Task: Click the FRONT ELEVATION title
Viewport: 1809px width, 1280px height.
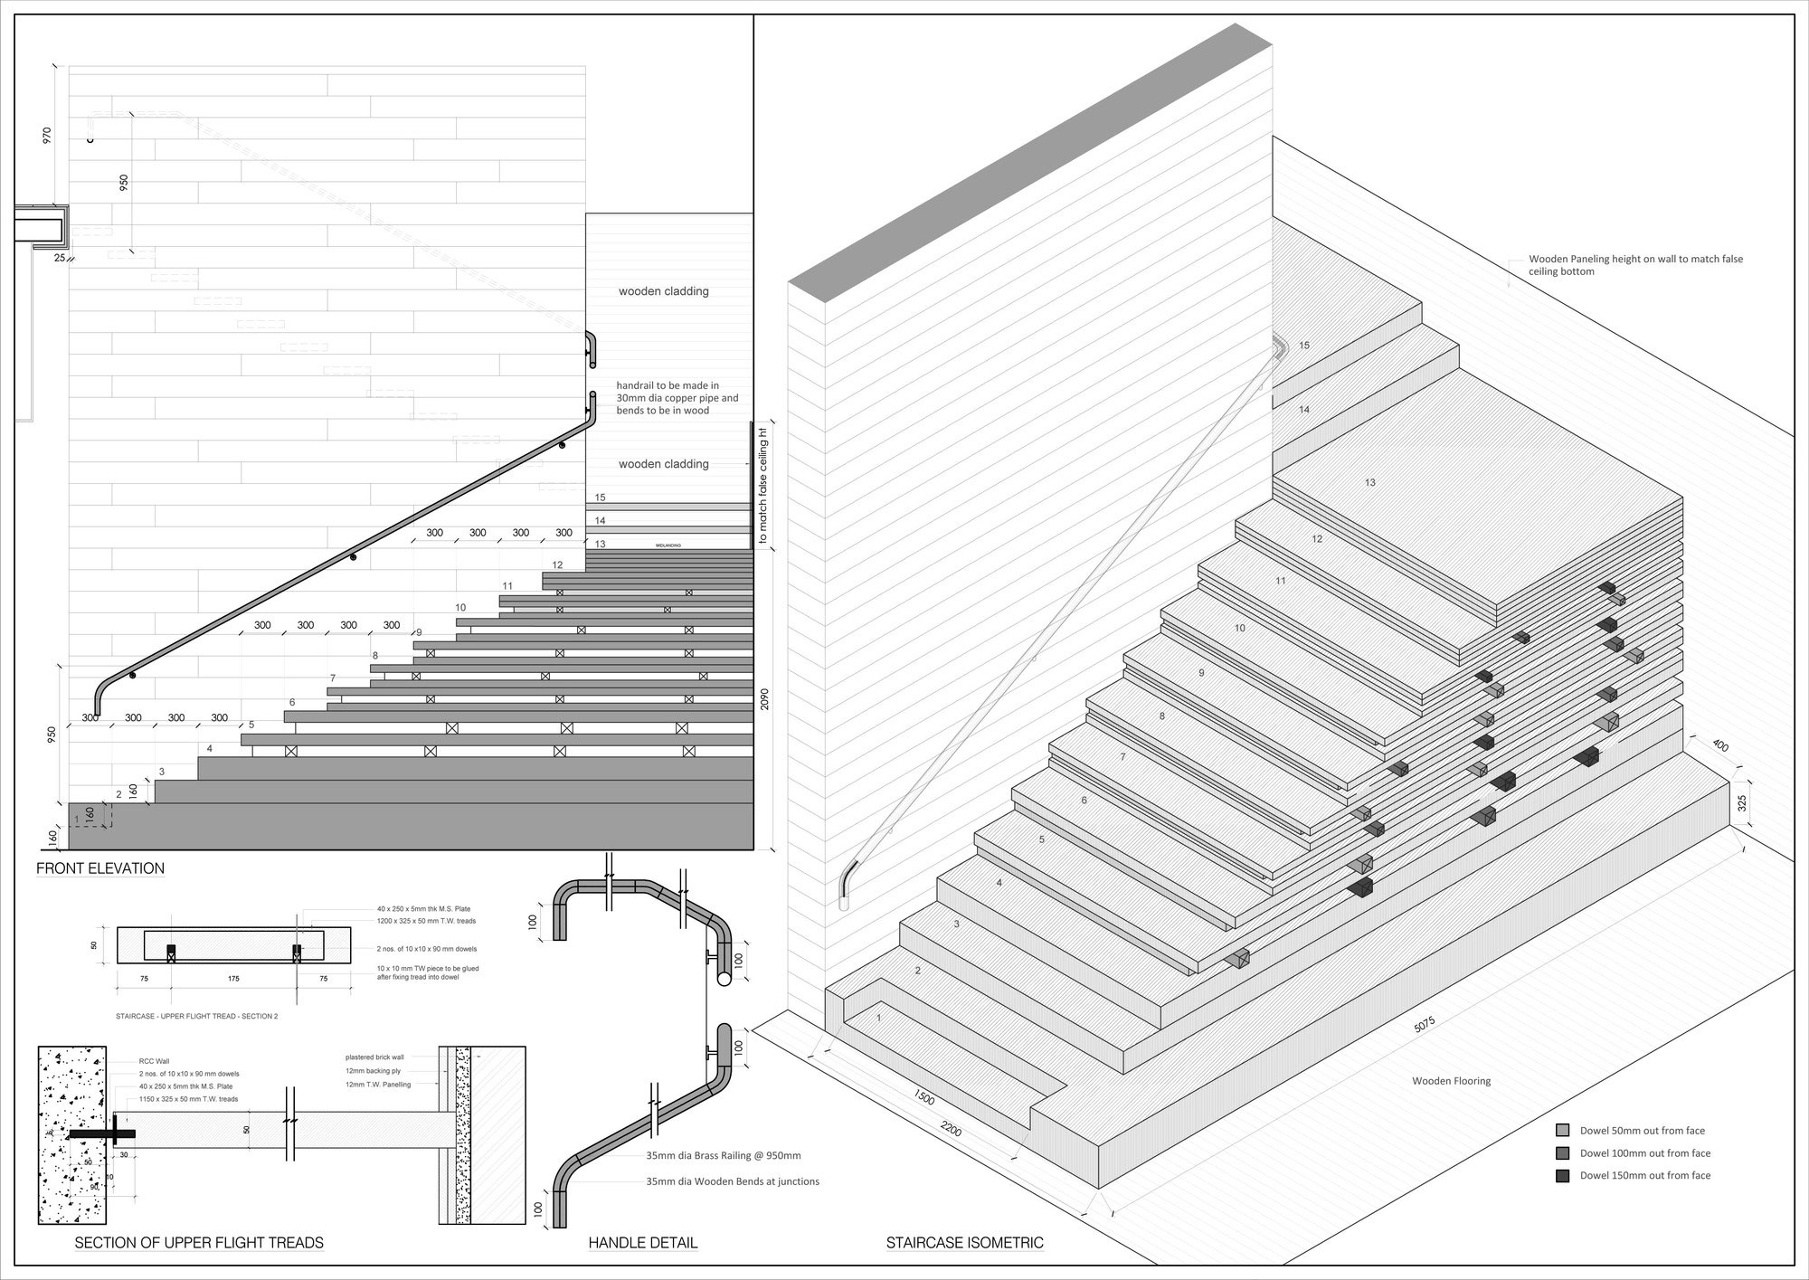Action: [x=100, y=868]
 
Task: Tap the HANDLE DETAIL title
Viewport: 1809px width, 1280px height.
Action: [x=642, y=1243]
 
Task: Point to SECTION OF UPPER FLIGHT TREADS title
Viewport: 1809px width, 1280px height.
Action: [x=199, y=1243]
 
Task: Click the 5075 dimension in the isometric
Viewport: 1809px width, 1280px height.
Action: [x=1425, y=1026]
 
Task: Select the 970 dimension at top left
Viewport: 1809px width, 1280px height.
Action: [x=47, y=135]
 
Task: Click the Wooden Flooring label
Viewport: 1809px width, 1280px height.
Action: [x=1451, y=1081]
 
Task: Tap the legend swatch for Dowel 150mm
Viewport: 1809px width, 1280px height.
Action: [x=1562, y=1176]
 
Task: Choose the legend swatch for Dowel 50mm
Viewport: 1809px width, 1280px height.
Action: [x=1562, y=1131]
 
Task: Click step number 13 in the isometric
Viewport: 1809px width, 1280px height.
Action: [x=1370, y=483]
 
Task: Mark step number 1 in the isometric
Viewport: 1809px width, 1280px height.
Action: [x=879, y=1018]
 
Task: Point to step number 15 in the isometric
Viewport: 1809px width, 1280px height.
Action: [x=1303, y=346]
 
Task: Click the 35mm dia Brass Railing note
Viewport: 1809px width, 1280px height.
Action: [x=723, y=1155]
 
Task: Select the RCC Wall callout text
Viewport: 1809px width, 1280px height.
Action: [x=130, y=1062]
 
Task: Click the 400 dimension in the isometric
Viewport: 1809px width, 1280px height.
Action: [x=1720, y=746]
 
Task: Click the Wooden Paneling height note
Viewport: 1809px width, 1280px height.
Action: [x=1635, y=265]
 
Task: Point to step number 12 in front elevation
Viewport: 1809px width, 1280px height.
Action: [x=557, y=565]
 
